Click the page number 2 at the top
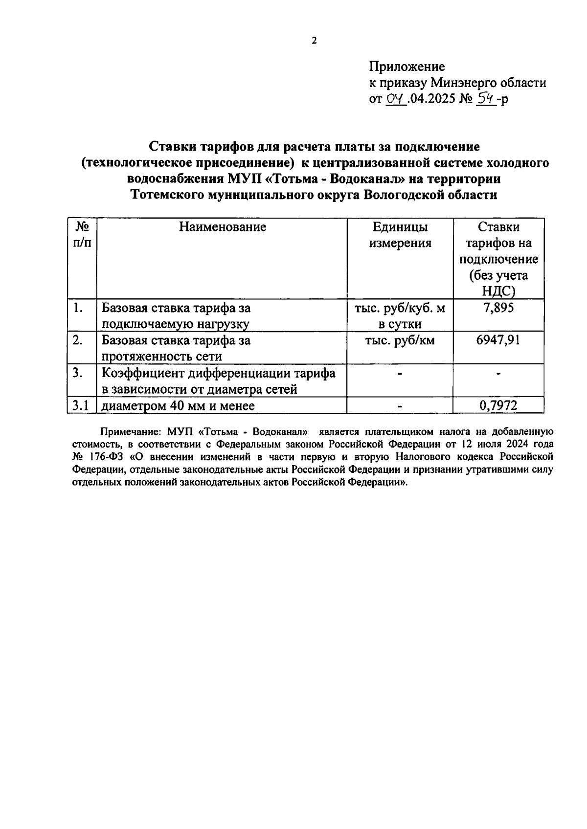coord(314,41)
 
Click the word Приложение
coord(407,67)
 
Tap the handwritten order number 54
coord(487,99)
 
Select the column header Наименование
coord(223,227)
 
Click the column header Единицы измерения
coord(400,235)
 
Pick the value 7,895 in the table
coord(498,308)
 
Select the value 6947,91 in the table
coord(498,340)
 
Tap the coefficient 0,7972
coord(498,405)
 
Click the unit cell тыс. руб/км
coord(400,340)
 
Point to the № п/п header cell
coord(82,235)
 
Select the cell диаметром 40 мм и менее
coord(178,405)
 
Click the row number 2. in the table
coord(77,340)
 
